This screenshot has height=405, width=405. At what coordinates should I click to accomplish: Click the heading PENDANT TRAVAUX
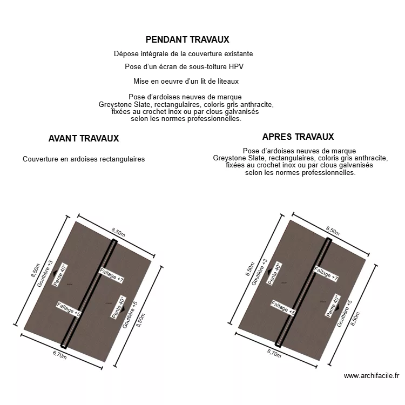pos(187,39)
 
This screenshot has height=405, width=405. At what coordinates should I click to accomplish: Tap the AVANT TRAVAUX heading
pos(84,138)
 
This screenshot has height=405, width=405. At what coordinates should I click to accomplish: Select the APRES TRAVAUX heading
pos(298,137)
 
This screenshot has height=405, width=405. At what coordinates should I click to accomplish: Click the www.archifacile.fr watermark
pos(371,376)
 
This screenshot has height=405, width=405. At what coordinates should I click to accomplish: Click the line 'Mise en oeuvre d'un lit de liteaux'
pos(186,81)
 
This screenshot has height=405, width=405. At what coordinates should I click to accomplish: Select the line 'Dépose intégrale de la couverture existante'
pos(184,54)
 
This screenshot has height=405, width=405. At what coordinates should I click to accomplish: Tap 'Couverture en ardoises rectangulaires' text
pos(84,159)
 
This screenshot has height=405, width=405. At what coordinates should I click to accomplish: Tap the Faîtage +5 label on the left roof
pos(69,310)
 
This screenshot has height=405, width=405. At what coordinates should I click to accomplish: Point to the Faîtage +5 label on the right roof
pos(283,308)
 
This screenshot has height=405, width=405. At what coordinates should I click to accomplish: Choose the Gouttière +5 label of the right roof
pos(345,313)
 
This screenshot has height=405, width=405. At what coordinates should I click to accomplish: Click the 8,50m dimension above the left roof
pos(118,232)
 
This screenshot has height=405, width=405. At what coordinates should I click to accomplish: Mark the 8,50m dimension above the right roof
pos(333,231)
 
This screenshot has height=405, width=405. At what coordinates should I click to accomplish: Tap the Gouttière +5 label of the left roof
pos(130,315)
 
